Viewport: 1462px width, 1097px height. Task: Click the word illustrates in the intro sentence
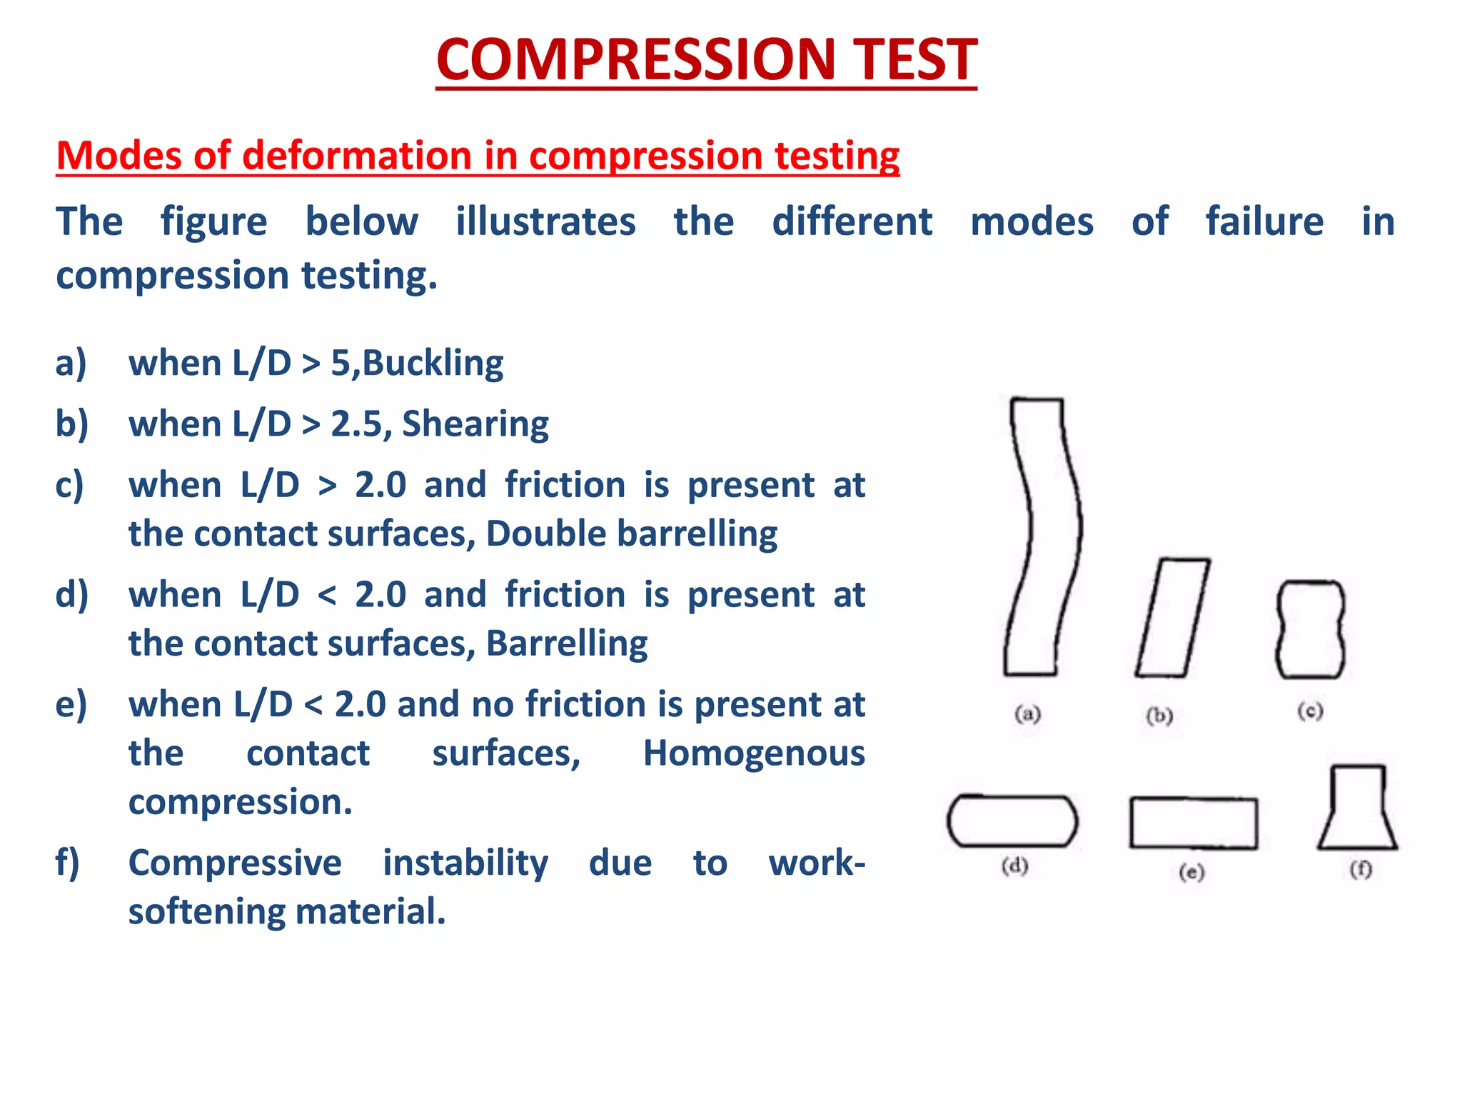pos(545,221)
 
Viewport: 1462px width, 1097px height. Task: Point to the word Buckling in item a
pos(433,363)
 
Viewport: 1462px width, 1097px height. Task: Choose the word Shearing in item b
pos(475,424)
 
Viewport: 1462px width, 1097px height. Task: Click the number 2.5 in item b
pos(356,424)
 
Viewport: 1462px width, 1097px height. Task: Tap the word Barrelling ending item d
pos(567,643)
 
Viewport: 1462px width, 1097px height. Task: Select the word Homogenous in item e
pos(754,753)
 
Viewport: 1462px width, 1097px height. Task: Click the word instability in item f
pos(465,863)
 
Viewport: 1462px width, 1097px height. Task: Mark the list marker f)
pos(68,863)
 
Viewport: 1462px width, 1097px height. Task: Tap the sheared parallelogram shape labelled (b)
pos(1172,618)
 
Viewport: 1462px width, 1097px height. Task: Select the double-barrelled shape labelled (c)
pos(1310,629)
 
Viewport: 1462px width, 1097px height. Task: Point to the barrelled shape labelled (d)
pos(1012,821)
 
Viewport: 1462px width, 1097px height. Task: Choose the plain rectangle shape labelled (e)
pos(1193,823)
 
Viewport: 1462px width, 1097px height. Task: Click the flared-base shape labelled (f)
pos(1357,811)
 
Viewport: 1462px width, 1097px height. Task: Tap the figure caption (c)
pos(1310,711)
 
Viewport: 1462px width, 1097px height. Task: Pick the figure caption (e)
pos(1191,872)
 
